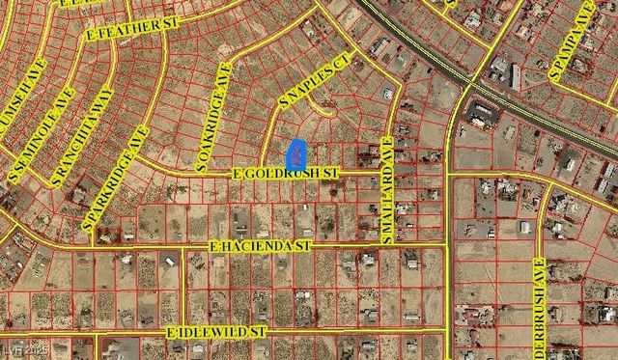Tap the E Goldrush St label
288,173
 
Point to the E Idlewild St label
215,331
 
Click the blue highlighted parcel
297,152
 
